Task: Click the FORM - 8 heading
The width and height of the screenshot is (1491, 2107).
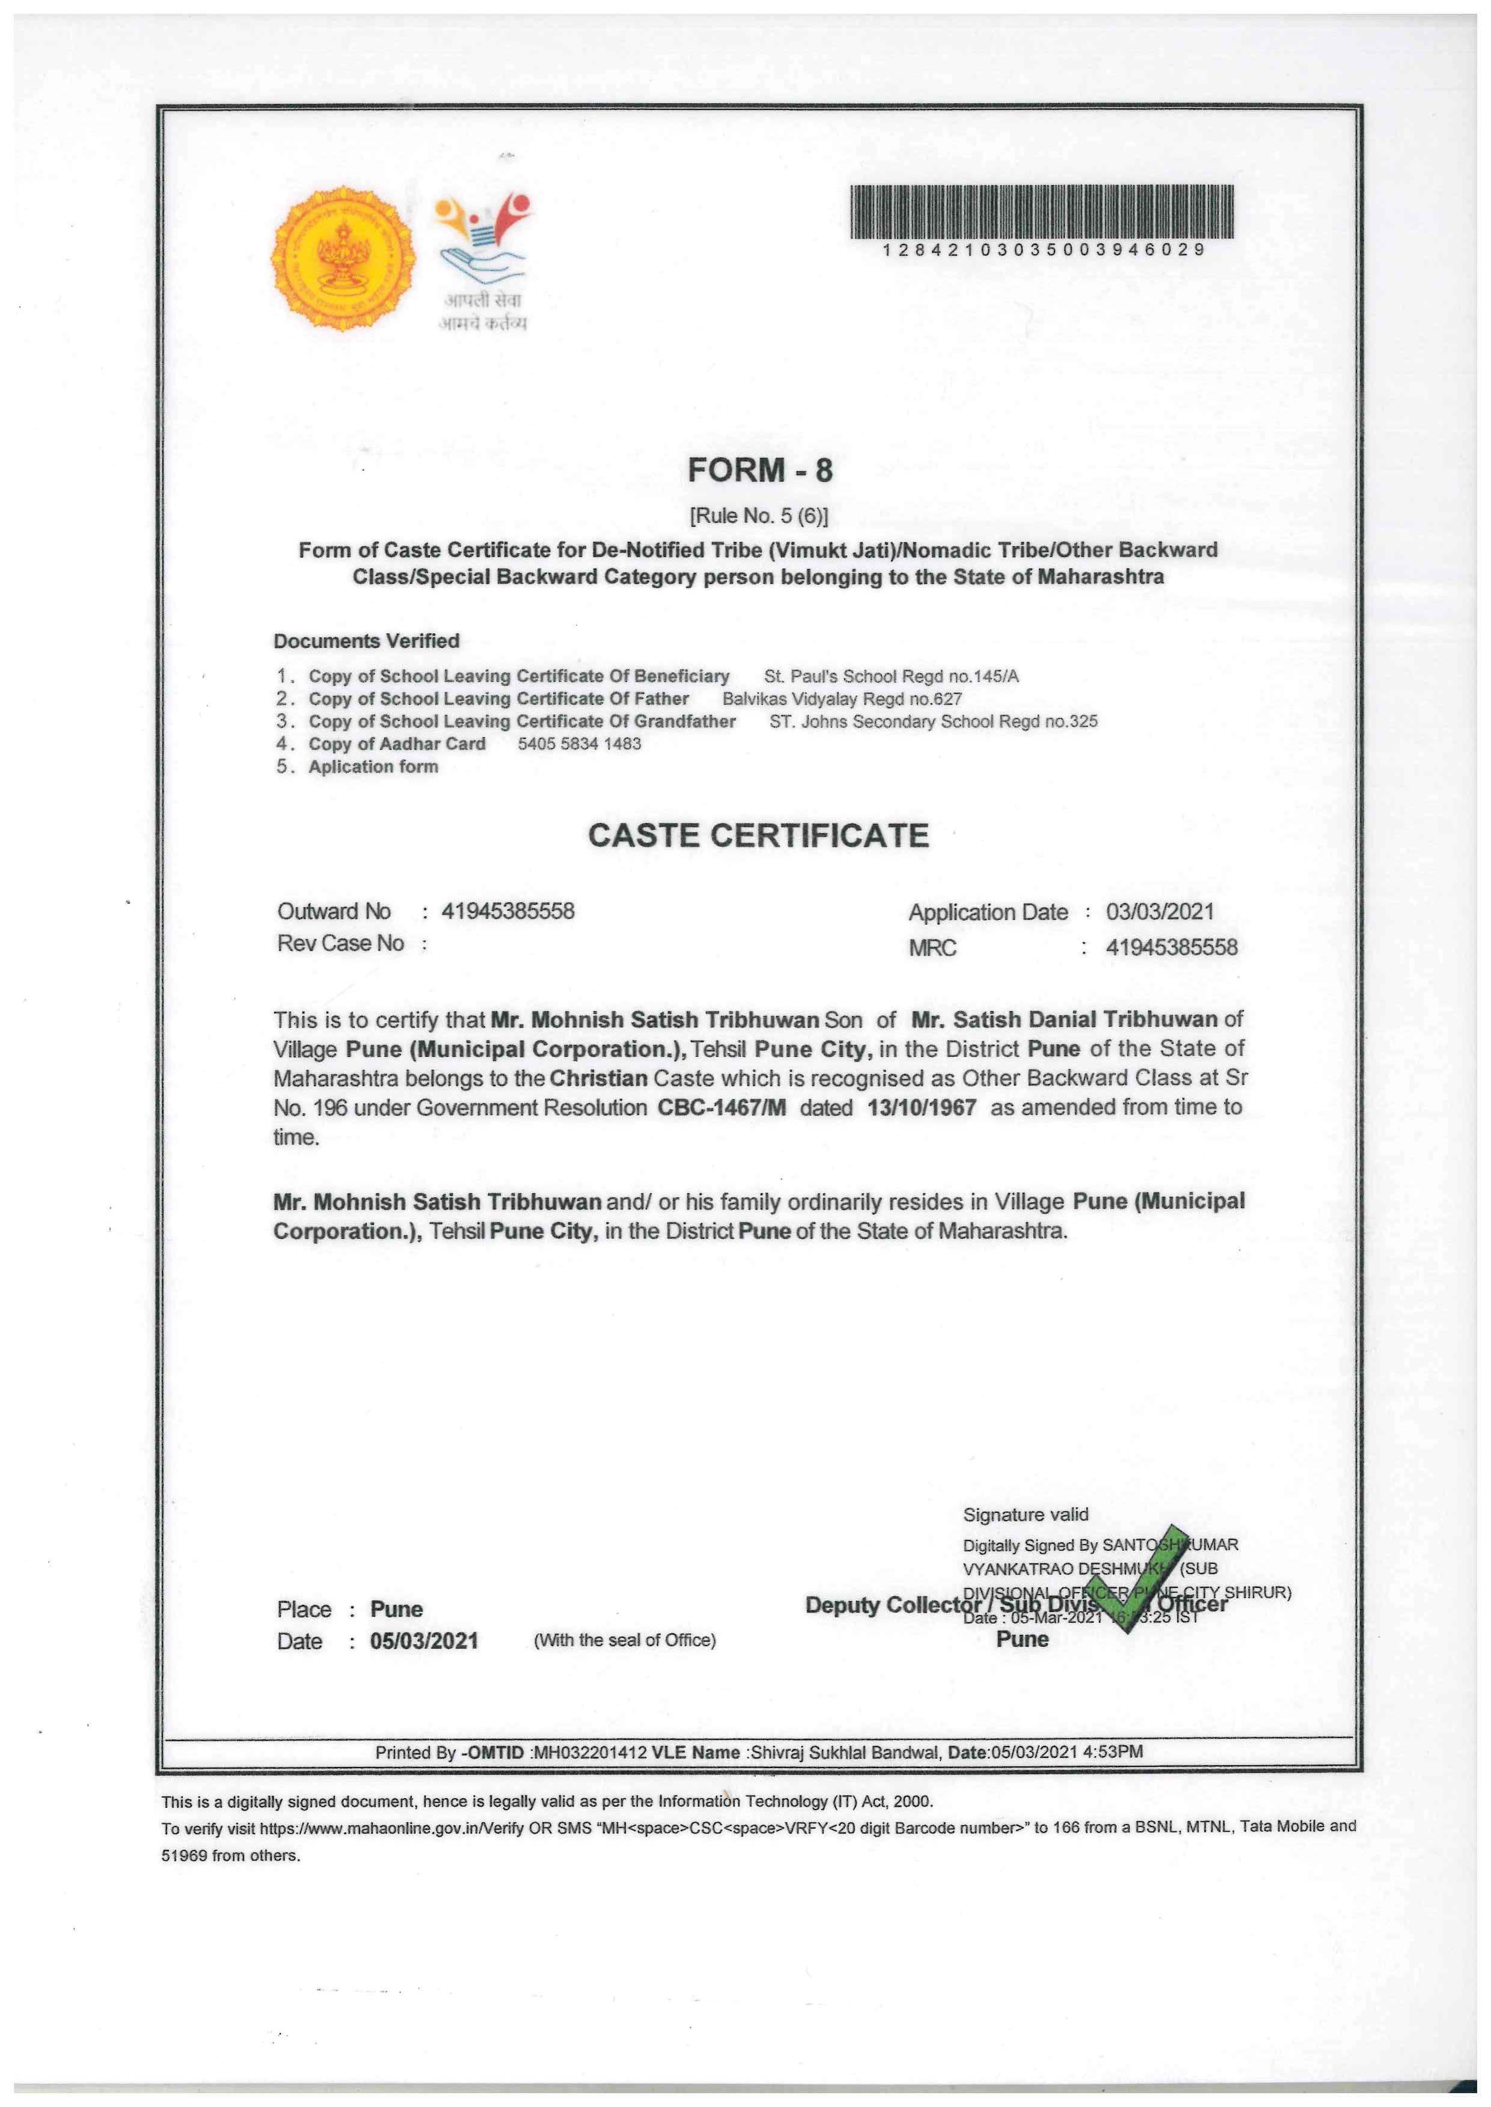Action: click(759, 470)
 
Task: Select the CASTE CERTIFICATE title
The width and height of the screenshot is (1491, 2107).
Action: click(758, 835)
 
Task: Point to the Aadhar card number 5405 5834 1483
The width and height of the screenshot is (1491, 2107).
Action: click(580, 744)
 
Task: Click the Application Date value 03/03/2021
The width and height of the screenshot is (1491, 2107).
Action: click(1160, 911)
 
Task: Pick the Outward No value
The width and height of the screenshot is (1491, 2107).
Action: click(507, 911)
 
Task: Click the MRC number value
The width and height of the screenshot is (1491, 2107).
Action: click(1172, 947)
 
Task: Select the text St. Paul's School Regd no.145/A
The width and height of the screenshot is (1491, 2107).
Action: click(890, 677)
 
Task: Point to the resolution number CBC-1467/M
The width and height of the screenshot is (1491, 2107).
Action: click(721, 1108)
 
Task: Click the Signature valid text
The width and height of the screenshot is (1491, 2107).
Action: click(1026, 1515)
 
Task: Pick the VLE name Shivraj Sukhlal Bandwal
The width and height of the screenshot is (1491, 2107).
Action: click(845, 1752)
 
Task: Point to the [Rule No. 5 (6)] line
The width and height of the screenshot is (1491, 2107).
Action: click(758, 517)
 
